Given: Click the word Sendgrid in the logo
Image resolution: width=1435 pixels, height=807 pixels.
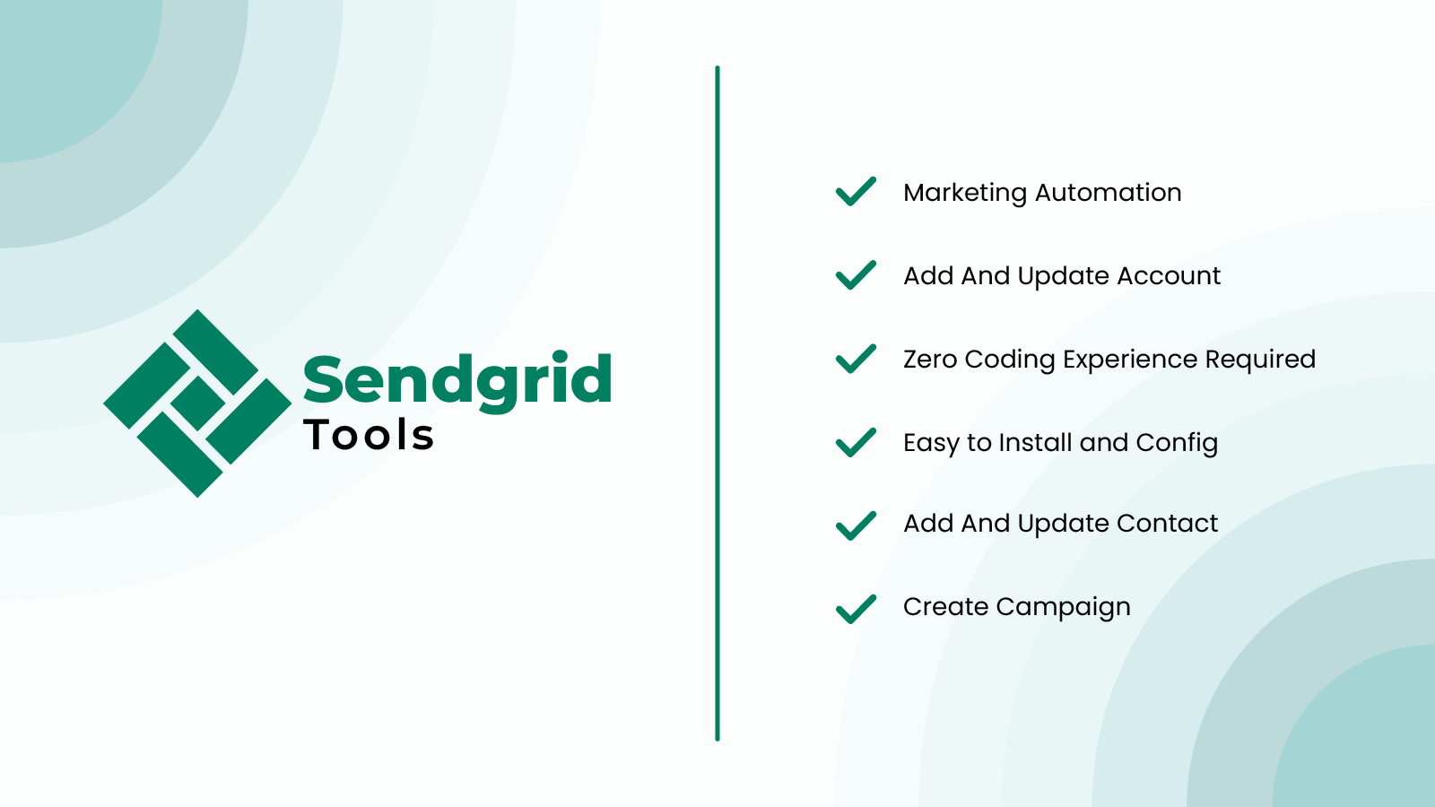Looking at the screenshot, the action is pos(457,380).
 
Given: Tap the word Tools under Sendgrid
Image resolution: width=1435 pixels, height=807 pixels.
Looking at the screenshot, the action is pos(369,435).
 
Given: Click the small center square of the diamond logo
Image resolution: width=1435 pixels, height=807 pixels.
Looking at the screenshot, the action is pos(197,403).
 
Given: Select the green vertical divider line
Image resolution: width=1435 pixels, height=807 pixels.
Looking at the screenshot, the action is pos(717,403).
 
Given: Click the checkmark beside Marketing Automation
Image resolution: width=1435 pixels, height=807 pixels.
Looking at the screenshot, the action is pos(856,192).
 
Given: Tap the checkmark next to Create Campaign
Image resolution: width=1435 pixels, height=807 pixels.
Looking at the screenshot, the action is pos(856,609).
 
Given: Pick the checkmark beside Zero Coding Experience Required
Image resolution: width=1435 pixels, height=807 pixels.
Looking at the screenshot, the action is pos(856,359).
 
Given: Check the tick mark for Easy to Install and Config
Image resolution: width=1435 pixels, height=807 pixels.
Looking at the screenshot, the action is pos(856,442).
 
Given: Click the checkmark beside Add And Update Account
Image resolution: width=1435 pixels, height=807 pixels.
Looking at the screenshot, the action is pos(856,274).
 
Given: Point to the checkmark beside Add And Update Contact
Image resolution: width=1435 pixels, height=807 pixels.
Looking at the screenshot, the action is pos(856,525).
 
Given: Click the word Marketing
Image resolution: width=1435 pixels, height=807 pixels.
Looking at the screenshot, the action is pos(965,194).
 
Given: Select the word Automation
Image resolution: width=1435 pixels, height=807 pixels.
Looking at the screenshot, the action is pos(1109,192).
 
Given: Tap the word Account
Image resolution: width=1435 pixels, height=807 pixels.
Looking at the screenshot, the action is pos(1169,276).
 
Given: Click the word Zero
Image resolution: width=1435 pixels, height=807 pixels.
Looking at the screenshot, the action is pos(930,360).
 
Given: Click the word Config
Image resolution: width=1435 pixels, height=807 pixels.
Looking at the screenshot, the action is pos(1177,444).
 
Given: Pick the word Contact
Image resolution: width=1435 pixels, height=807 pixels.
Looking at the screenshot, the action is pos(1167,524).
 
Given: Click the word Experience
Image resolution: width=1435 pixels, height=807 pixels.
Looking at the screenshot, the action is pos(1130,360).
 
